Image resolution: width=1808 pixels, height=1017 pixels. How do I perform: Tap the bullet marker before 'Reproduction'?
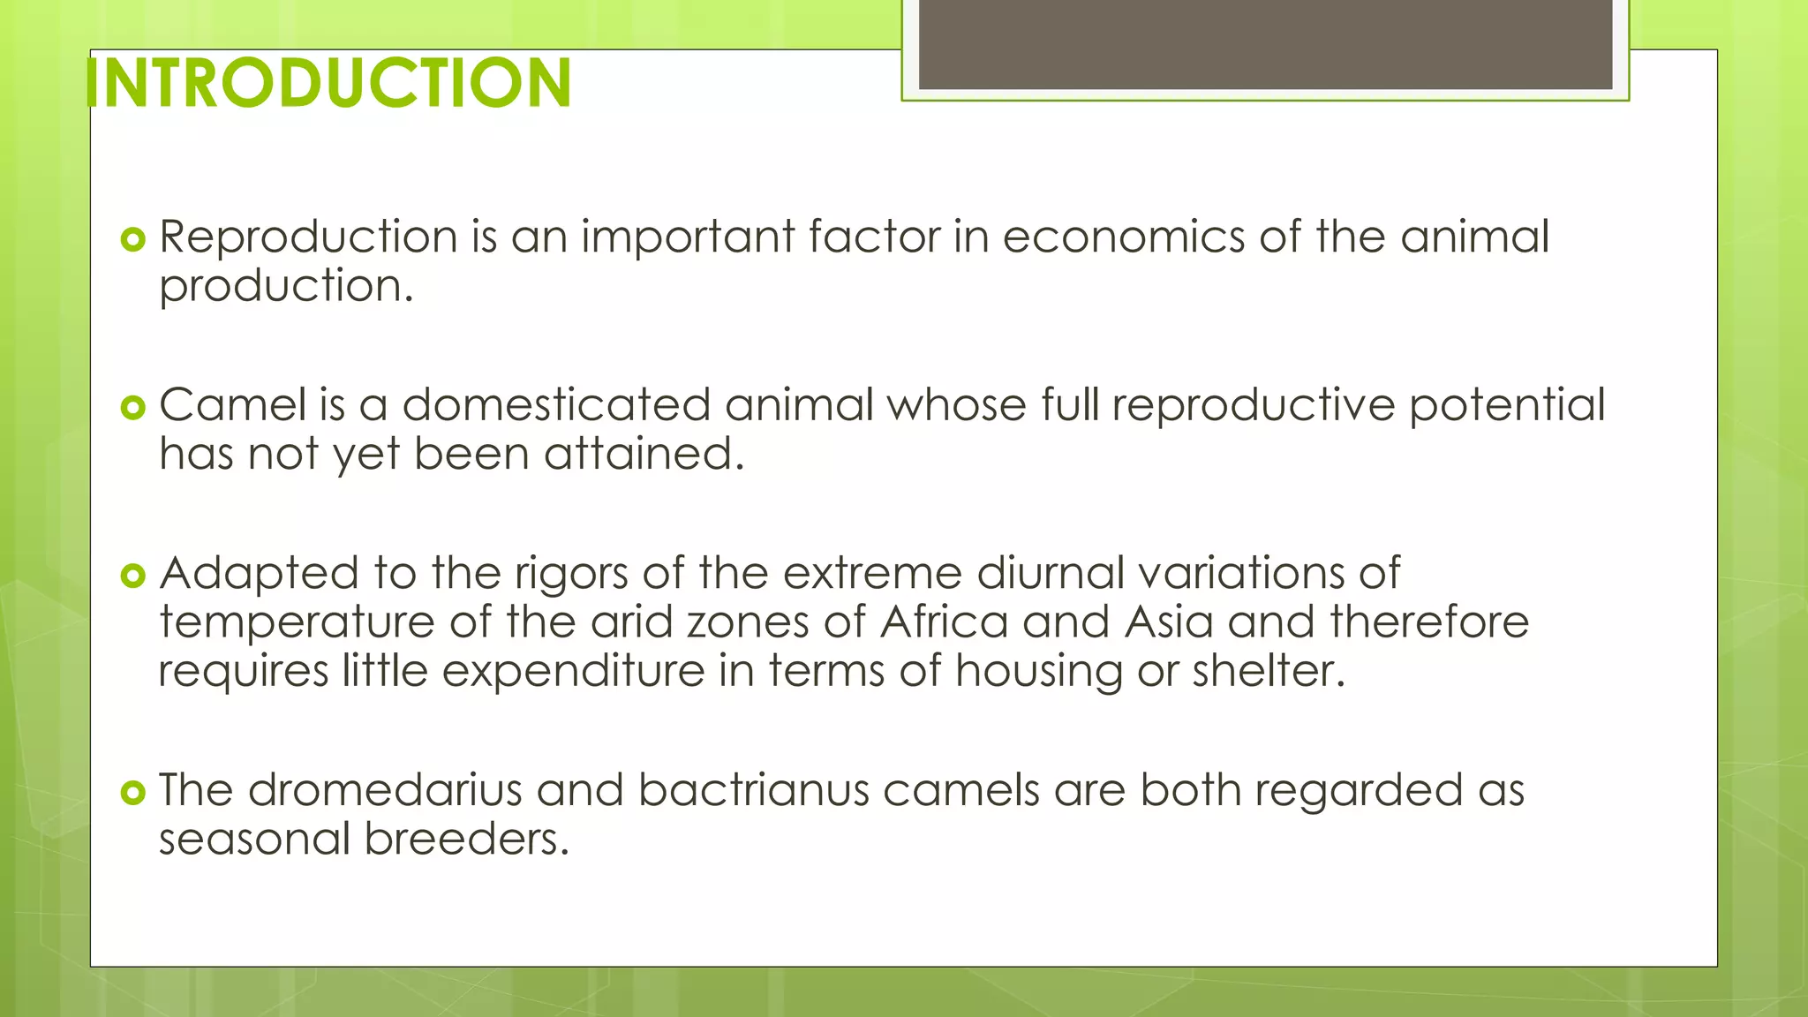[132, 239]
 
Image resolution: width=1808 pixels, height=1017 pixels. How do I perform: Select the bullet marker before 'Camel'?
[132, 407]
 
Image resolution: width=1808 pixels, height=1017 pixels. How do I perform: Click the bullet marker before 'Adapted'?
[132, 576]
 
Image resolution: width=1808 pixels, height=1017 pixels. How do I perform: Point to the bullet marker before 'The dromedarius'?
[132, 792]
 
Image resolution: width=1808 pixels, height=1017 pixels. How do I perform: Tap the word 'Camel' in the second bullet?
[233, 405]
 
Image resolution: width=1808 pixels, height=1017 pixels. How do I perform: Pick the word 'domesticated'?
[556, 405]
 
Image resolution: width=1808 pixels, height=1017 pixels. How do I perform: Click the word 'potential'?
[1506, 405]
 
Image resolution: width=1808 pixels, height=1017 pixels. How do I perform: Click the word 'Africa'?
[944, 621]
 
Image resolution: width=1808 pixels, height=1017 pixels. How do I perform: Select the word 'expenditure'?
[573, 671]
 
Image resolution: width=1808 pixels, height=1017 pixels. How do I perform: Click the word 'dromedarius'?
[385, 790]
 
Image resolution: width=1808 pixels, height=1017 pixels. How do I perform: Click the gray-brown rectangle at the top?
[1265, 44]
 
